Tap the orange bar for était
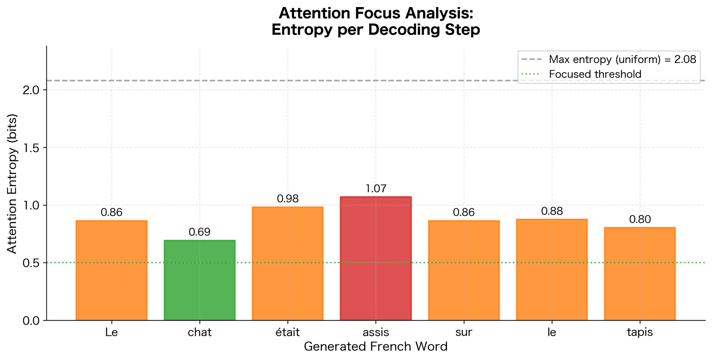(287, 264)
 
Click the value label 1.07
(376, 189)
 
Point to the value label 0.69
(200, 232)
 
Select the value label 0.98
(287, 199)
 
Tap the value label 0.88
(552, 211)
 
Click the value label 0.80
(640, 219)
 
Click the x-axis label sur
(464, 332)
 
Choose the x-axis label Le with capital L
(111, 332)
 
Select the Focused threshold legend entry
(595, 74)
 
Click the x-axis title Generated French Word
(376, 347)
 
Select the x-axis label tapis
(640, 332)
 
